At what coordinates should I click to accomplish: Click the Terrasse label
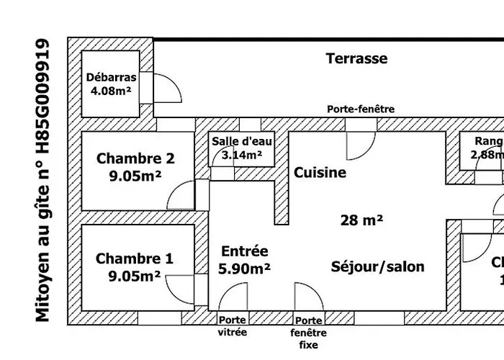(356, 58)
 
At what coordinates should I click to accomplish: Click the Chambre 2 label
(135, 158)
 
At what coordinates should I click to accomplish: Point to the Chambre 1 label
(135, 259)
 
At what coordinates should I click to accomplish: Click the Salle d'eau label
(242, 141)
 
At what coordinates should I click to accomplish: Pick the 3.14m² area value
(242, 154)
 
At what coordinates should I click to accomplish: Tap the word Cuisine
(320, 173)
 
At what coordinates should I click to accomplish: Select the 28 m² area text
(361, 220)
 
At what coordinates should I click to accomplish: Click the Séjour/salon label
(378, 266)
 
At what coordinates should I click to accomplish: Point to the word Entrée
(245, 251)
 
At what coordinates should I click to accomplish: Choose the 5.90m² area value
(246, 269)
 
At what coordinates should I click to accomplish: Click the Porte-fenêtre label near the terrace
(361, 109)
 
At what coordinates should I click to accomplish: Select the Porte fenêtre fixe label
(309, 333)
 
